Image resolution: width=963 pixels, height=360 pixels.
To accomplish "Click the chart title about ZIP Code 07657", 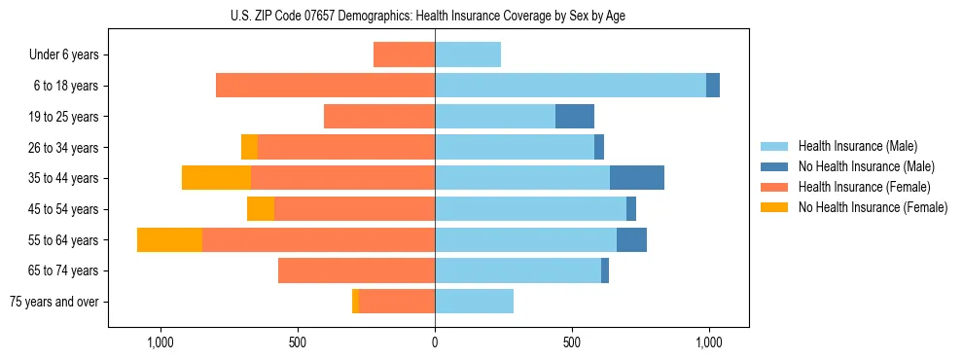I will pyautogui.click(x=428, y=16).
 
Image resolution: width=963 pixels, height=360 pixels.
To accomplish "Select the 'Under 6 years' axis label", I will pyautogui.click(x=69, y=54).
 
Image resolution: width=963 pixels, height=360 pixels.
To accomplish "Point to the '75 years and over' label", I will pyautogui.click(x=54, y=302).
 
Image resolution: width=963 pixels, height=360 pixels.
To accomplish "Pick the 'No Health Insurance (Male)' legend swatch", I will pyautogui.click(x=774, y=166).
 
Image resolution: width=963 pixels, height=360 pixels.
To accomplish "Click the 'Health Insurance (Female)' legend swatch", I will pyautogui.click(x=774, y=187).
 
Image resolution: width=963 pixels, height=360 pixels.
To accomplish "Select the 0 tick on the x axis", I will pyautogui.click(x=435, y=342).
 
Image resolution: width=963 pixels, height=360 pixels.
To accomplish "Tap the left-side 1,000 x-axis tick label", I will pyautogui.click(x=160, y=342).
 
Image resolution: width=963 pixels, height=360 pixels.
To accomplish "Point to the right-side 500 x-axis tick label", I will pyautogui.click(x=572, y=342).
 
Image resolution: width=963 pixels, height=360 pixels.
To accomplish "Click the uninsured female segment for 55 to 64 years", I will pyautogui.click(x=169, y=239).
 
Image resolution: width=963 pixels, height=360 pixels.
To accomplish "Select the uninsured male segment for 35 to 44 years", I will pyautogui.click(x=637, y=178).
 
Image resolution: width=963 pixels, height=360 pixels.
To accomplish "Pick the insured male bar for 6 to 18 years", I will pyautogui.click(x=570, y=86).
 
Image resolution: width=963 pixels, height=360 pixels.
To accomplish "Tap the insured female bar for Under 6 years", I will pyautogui.click(x=404, y=54).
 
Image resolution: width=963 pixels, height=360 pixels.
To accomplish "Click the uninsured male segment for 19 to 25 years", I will pyautogui.click(x=575, y=117).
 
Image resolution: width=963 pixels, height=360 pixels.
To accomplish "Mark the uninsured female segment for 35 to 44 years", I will pyautogui.click(x=216, y=178).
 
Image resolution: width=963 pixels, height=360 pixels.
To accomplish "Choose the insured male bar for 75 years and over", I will pyautogui.click(x=474, y=302).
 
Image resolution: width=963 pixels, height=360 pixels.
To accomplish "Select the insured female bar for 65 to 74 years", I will pyautogui.click(x=356, y=270).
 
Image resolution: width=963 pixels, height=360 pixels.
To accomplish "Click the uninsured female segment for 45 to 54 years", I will pyautogui.click(x=261, y=209).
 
